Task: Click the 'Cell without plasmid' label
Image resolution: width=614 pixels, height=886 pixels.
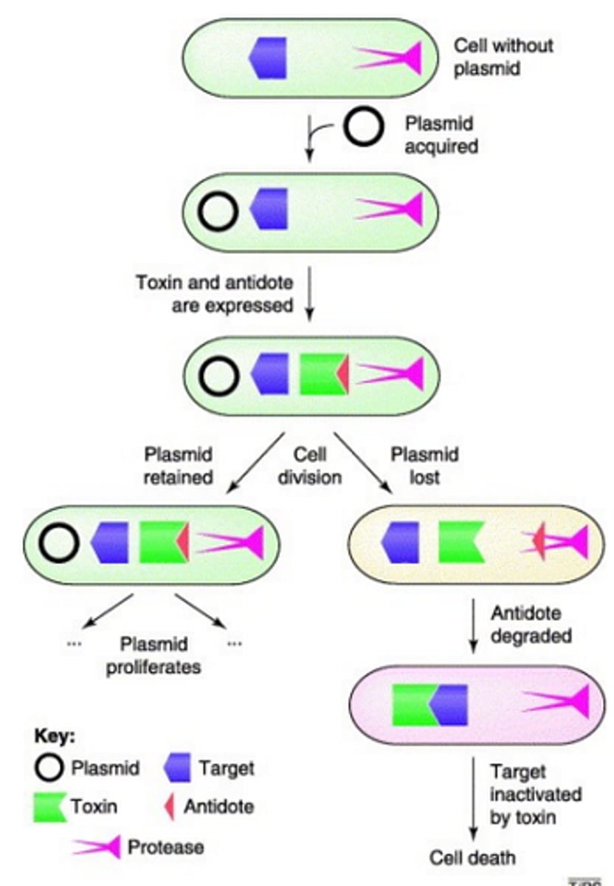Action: pyautogui.click(x=503, y=57)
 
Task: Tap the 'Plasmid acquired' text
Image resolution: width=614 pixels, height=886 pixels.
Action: pyautogui.click(x=441, y=135)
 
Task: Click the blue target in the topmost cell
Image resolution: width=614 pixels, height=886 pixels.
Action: pyautogui.click(x=269, y=57)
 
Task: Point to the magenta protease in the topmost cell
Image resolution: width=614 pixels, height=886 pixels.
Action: pyautogui.click(x=391, y=58)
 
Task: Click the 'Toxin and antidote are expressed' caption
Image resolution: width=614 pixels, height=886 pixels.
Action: pyautogui.click(x=214, y=293)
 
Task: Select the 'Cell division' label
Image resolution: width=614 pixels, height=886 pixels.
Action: pyautogui.click(x=309, y=466)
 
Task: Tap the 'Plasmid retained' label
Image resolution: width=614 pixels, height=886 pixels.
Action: pyautogui.click(x=179, y=466)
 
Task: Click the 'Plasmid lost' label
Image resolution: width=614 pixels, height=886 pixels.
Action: pyautogui.click(x=424, y=466)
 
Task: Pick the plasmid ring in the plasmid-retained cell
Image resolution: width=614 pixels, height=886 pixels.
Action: pyautogui.click(x=59, y=543)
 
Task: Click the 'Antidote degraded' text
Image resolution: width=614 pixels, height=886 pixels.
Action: pyautogui.click(x=526, y=625)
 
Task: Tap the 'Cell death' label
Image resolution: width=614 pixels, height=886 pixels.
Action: pyautogui.click(x=473, y=857)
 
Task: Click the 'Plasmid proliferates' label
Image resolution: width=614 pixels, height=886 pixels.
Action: pyautogui.click(x=161, y=655)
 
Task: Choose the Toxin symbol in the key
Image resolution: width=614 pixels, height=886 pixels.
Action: pyautogui.click(x=49, y=806)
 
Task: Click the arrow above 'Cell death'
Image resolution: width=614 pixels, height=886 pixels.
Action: pyautogui.click(x=473, y=801)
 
